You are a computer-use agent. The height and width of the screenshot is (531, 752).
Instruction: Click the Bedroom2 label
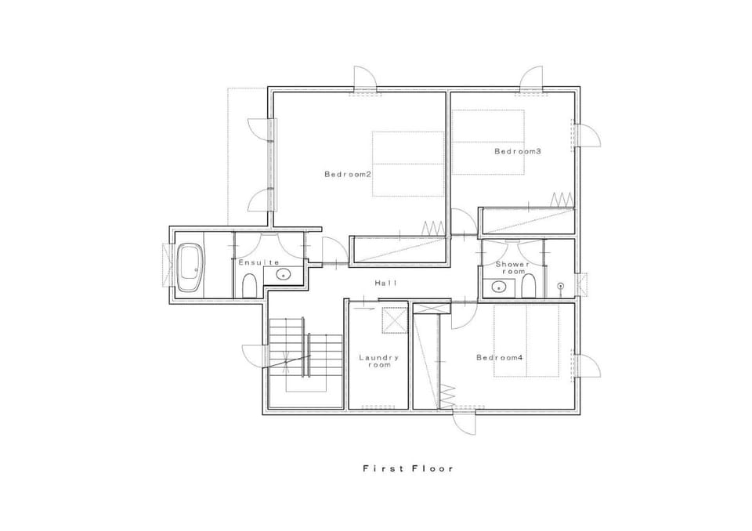tap(348, 174)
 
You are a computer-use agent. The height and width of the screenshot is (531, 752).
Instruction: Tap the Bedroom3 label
tap(518, 152)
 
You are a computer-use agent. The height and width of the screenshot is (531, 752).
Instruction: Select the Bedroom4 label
tap(499, 357)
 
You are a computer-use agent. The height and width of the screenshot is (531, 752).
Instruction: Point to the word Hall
tap(386, 284)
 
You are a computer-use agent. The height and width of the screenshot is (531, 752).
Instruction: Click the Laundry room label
tap(379, 361)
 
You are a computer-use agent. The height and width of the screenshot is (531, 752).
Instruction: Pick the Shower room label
tap(513, 268)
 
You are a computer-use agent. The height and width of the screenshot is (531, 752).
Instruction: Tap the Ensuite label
tap(259, 262)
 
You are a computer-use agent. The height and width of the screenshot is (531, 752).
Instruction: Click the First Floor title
tap(408, 468)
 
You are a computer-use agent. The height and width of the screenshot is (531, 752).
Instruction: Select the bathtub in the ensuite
tap(190, 268)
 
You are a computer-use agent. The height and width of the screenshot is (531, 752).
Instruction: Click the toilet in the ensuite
tap(249, 285)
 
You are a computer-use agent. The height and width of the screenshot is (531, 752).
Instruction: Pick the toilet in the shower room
tap(528, 285)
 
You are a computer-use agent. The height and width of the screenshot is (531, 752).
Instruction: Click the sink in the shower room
tap(499, 287)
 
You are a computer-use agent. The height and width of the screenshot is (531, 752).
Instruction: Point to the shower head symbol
tap(560, 287)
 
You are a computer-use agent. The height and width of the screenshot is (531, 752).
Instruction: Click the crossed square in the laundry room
tap(395, 320)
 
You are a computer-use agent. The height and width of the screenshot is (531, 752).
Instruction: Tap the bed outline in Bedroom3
tap(488, 142)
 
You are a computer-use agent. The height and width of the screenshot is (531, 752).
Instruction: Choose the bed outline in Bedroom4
tap(526, 341)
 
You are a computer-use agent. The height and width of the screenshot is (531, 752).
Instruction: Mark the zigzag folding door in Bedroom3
tap(562, 200)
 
